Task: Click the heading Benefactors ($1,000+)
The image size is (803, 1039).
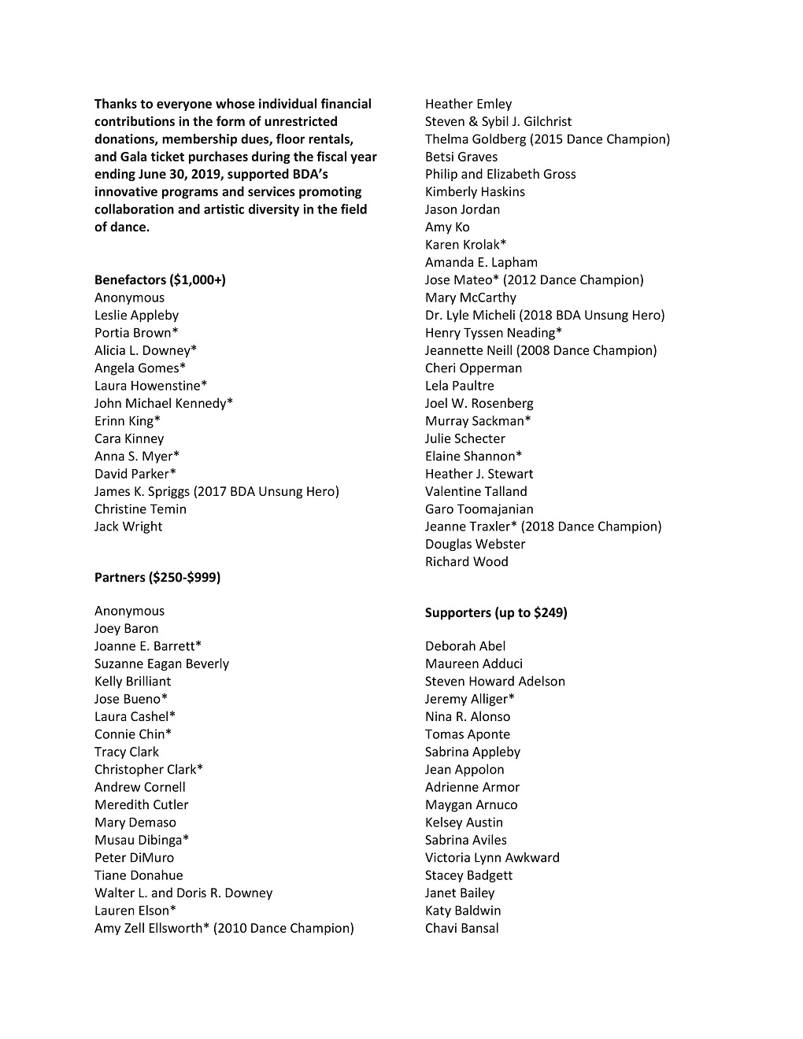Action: coord(160,280)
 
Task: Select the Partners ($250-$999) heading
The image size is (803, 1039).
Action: coord(157,578)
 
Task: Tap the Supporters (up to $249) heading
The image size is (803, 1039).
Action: coord(496,612)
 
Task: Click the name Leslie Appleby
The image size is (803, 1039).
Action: coord(136,316)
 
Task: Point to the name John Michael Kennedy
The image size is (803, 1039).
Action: coord(164,404)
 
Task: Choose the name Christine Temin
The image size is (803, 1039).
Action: coord(140,509)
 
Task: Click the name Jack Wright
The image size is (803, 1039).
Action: coord(128,527)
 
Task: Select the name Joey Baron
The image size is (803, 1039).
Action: coord(126,629)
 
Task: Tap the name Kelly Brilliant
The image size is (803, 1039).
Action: coord(132,682)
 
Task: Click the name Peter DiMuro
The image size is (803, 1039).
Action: coord(134,858)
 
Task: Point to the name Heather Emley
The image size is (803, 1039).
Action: coord(468,104)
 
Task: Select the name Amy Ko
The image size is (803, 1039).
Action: coord(447,227)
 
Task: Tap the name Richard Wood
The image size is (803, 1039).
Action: coord(467,562)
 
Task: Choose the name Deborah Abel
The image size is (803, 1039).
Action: coord(465,646)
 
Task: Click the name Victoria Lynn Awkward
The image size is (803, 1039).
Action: coord(492,858)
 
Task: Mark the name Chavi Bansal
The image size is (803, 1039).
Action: coord(462,928)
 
